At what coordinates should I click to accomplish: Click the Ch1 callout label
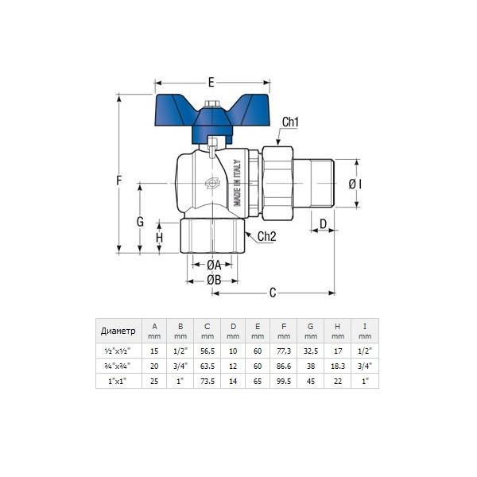290,122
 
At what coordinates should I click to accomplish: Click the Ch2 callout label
267,236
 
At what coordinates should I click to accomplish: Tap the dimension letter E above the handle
211,83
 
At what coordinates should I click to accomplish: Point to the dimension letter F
119,180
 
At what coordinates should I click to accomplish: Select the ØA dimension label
214,266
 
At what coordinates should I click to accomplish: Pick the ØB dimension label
214,280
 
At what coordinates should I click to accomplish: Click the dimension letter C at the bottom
273,293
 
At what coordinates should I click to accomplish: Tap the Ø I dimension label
355,184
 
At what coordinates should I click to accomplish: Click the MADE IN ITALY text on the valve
237,183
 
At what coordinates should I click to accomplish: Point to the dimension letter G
140,222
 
